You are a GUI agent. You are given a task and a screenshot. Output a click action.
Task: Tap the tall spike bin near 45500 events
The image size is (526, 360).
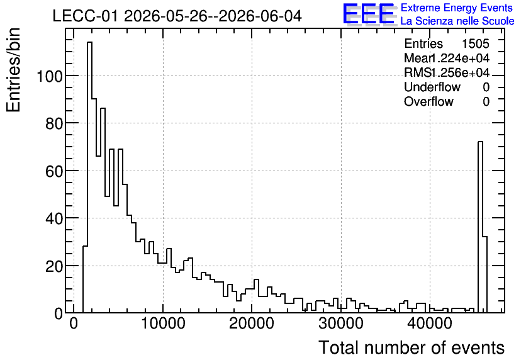click(480, 227)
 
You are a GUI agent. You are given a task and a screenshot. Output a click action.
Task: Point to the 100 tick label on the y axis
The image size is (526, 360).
click(50, 76)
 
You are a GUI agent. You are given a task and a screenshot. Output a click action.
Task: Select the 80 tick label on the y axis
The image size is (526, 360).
click(54, 123)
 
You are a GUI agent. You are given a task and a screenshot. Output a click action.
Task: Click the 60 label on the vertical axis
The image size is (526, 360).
click(54, 171)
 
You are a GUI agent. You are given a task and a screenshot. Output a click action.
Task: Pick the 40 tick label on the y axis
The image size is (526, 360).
click(54, 218)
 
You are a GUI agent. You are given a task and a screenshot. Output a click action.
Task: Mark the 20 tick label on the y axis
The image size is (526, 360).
click(54, 266)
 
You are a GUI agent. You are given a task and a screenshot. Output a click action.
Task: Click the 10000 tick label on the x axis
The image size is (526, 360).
click(163, 323)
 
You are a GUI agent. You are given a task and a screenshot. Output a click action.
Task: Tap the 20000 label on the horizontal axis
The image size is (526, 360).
click(252, 323)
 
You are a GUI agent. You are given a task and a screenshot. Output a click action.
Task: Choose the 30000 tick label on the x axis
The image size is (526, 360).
click(341, 323)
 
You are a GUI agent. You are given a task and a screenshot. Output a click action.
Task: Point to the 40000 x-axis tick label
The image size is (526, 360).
click(430, 323)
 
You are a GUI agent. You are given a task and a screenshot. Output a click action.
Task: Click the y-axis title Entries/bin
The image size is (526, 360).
click(13, 70)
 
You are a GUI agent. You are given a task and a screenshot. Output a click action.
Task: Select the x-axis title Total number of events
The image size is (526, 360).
click(411, 347)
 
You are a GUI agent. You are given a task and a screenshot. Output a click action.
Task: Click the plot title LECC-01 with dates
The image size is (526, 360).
click(177, 16)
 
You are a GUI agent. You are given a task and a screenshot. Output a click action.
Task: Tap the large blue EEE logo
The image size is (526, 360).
click(369, 14)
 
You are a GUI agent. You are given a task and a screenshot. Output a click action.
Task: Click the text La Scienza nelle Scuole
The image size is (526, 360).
click(457, 21)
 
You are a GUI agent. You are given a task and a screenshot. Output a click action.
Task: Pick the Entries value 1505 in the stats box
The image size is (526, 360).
click(475, 43)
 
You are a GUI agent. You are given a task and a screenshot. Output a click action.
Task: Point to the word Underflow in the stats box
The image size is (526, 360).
click(432, 87)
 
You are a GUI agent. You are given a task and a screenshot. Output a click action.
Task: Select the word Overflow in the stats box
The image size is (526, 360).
click(428, 101)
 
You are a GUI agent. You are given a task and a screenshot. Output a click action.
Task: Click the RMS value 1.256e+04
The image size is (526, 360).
click(461, 73)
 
